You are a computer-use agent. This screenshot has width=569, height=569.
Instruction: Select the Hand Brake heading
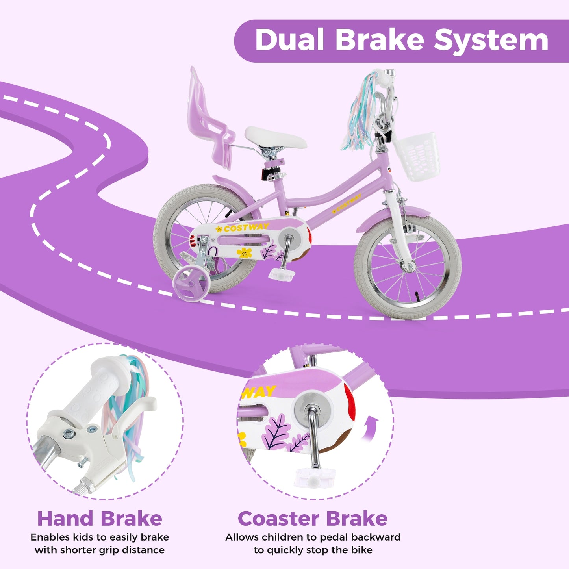click(x=100, y=519)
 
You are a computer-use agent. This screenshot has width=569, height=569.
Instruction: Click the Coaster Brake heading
click(x=313, y=519)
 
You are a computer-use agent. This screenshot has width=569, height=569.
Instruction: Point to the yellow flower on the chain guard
click(x=245, y=253)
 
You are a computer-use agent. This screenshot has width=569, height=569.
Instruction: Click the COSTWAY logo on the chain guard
click(x=246, y=228)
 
